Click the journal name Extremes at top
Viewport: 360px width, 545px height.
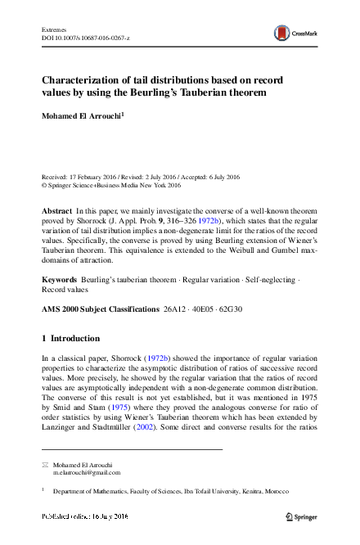tap(54, 29)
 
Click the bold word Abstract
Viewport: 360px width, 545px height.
tap(56, 211)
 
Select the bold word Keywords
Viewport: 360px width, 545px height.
tap(59, 280)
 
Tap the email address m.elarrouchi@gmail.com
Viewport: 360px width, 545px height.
tap(87, 472)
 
